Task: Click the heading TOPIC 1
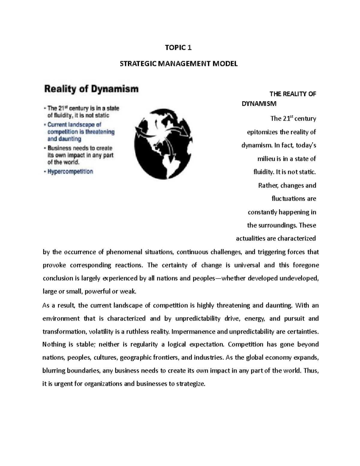click(x=178, y=48)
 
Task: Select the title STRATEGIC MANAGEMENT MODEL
click(x=178, y=64)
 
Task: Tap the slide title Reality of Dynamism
click(x=91, y=89)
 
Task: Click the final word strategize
click(x=191, y=384)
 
